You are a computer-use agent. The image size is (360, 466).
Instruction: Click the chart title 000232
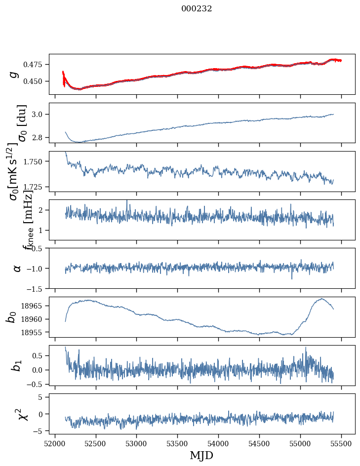click(197, 8)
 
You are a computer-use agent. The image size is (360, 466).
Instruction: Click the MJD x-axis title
click(201, 455)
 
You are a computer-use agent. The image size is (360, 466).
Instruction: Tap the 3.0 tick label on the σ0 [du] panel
click(38, 115)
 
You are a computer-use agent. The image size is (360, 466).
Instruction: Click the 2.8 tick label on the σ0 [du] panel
click(38, 137)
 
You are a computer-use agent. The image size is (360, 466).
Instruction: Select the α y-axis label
click(17, 268)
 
